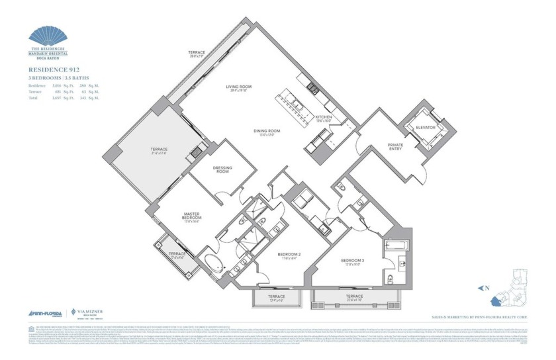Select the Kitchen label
tap(324, 117)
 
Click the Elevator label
tap(424, 127)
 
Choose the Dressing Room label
tap(222, 170)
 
